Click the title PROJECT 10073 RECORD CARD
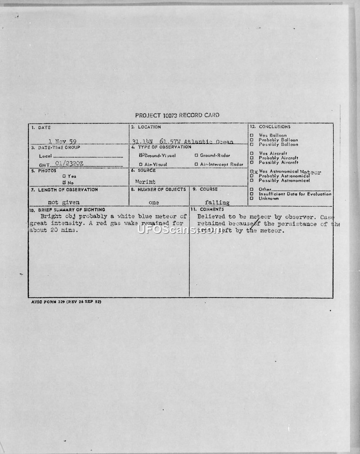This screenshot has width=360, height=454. (x=177, y=115)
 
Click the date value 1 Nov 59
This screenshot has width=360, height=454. (x=62, y=141)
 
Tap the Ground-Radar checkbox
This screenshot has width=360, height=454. (x=196, y=155)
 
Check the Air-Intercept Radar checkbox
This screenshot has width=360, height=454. (x=196, y=164)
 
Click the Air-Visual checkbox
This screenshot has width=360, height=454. (x=141, y=164)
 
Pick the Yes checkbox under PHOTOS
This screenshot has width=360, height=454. (x=64, y=176)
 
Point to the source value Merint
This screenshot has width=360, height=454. (x=145, y=182)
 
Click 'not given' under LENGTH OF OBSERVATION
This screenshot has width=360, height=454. (x=63, y=203)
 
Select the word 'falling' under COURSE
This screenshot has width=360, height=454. (x=217, y=203)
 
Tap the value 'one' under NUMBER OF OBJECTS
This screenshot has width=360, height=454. (x=153, y=203)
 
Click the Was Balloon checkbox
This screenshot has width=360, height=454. (x=252, y=135)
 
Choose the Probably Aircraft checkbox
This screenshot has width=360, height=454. (x=252, y=158)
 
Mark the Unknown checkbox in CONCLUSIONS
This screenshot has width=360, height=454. (x=252, y=199)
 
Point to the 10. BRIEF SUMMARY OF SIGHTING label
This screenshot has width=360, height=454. (x=67, y=210)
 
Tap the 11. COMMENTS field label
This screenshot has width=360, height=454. (x=207, y=209)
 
